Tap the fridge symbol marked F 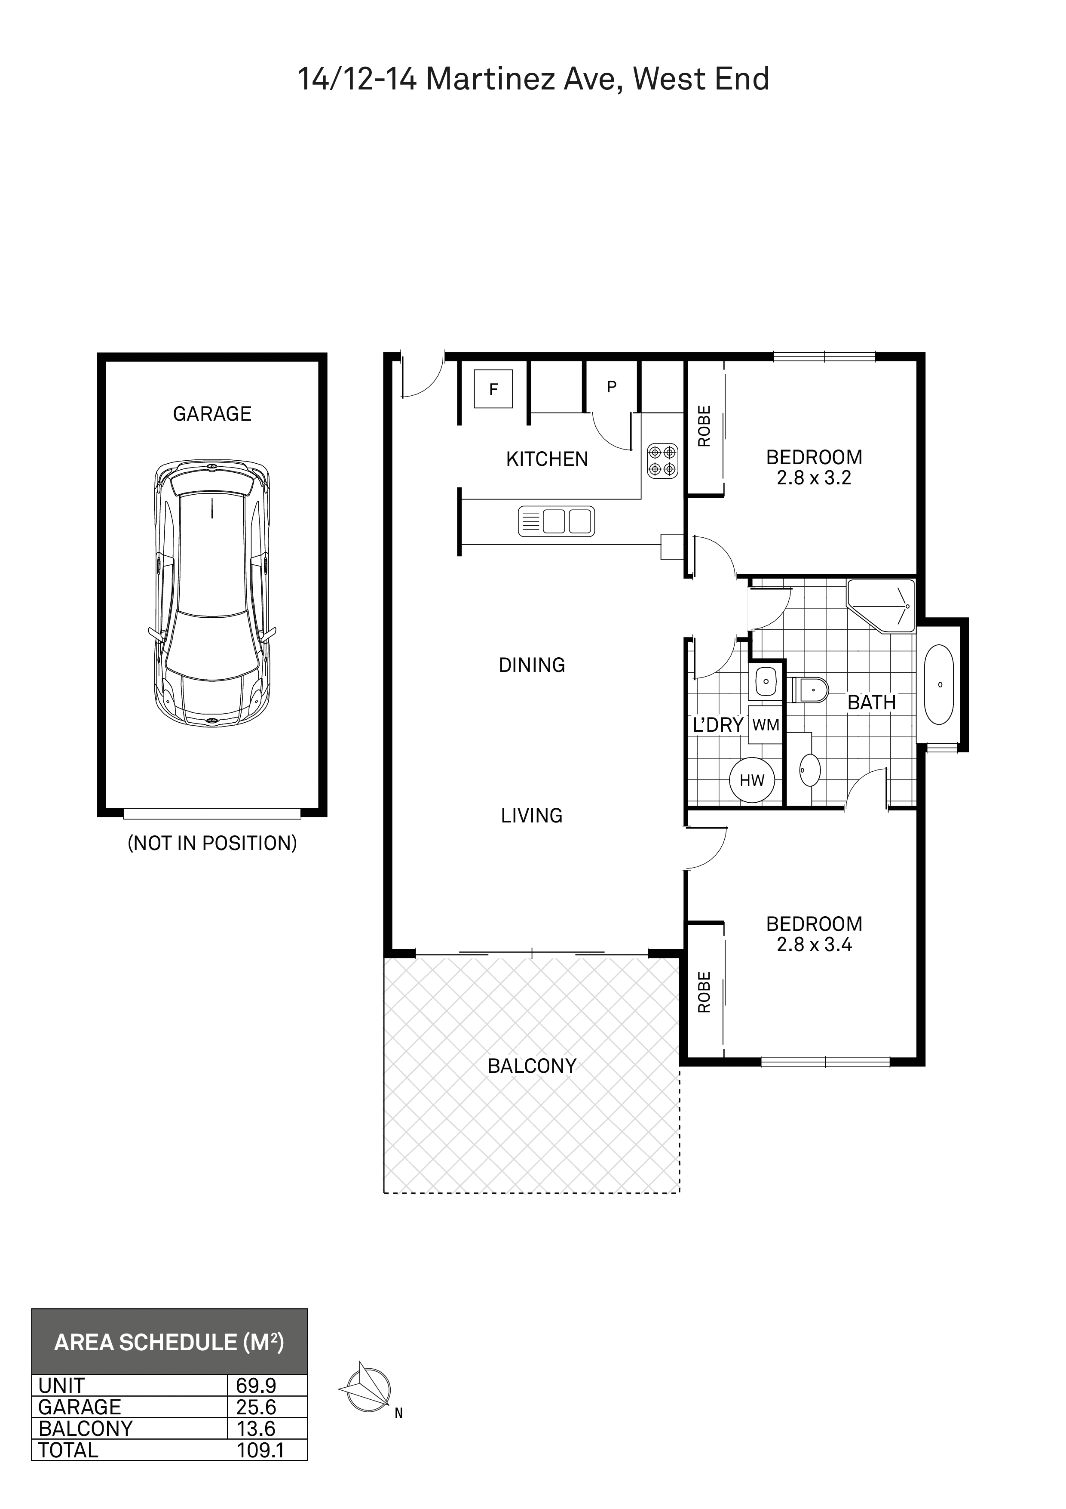pyautogui.click(x=493, y=389)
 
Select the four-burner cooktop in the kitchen pyautogui.click(x=662, y=461)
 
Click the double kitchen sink pyautogui.click(x=556, y=521)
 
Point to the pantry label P pyautogui.click(x=612, y=387)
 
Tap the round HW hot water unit pyautogui.click(x=752, y=780)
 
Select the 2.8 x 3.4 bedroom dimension pyautogui.click(x=815, y=945)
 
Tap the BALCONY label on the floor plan pyautogui.click(x=532, y=1066)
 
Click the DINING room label pyautogui.click(x=532, y=665)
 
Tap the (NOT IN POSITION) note pyautogui.click(x=212, y=843)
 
